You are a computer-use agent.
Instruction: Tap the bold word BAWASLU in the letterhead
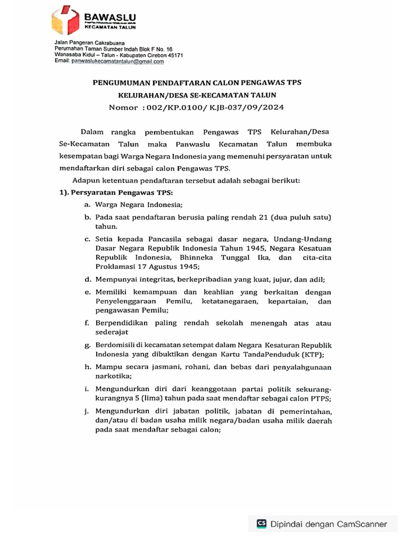point(108,18)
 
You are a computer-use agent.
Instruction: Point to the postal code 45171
point(174,55)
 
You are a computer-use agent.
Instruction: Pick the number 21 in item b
point(264,217)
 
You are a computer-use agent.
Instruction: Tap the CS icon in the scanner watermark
point(261,523)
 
